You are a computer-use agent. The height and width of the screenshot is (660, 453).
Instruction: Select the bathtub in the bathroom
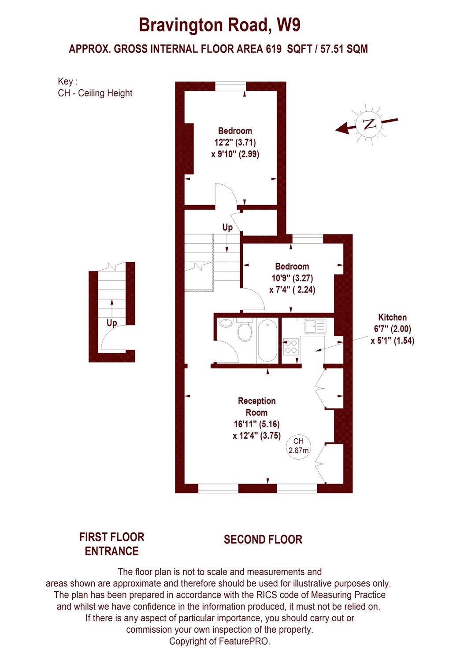point(267,341)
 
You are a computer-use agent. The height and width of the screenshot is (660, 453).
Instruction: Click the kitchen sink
point(315,326)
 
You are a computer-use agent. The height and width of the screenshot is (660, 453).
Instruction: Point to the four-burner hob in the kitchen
point(291,347)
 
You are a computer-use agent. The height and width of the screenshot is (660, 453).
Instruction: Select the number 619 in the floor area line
point(274,49)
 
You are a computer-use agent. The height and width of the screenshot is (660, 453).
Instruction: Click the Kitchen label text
point(392,317)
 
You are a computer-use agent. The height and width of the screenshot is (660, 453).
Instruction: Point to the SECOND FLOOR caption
point(263,539)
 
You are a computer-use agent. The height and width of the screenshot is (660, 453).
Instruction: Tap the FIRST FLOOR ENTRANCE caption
point(111,544)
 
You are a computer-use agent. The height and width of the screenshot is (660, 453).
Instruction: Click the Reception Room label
point(256,407)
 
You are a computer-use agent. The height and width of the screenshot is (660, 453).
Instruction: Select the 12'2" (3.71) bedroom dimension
point(235,143)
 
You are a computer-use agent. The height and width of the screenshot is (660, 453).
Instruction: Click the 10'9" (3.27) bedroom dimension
point(292,278)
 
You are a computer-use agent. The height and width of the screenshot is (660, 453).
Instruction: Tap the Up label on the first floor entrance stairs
point(111,323)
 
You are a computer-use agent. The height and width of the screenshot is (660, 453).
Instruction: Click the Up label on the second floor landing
point(227,227)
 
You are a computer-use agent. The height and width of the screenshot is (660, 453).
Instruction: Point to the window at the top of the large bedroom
point(230,86)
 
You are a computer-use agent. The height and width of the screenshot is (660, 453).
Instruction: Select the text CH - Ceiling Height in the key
point(95,93)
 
